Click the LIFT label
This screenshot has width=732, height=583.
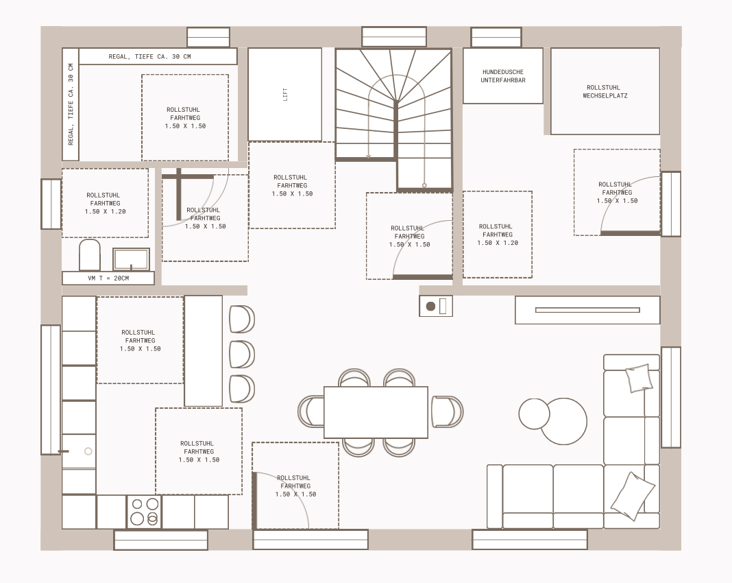point(285,95)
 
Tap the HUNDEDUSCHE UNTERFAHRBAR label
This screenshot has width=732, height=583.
point(503,76)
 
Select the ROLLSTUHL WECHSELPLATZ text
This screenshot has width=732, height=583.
point(605,91)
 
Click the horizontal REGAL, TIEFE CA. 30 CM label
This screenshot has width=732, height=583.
point(150,56)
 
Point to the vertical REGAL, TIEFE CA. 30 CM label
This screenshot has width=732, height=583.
point(71,104)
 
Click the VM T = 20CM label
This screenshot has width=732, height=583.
point(108,278)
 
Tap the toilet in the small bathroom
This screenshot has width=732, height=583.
point(90,255)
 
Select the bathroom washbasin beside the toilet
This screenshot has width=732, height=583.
point(131,259)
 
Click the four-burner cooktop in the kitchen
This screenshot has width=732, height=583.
point(144,512)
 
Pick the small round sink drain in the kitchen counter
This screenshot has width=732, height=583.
point(88,451)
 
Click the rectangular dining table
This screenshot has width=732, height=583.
point(376,412)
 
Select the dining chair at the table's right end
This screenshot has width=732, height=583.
point(447,412)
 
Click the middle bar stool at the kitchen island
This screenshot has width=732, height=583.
point(242,354)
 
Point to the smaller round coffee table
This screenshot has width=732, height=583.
point(534,414)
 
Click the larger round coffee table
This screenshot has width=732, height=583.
point(564,421)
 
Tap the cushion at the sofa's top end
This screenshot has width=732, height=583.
point(639,377)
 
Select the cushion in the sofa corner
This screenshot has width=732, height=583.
point(633,496)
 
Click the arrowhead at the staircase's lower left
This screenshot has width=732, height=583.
point(368,156)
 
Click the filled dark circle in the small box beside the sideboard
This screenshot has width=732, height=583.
point(431,307)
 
